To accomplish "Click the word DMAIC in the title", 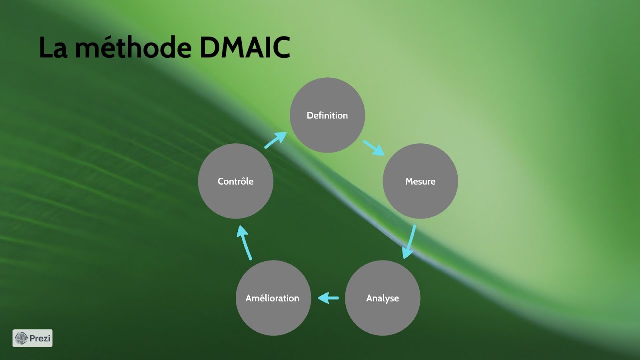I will [245, 48].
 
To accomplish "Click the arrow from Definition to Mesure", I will [373, 148].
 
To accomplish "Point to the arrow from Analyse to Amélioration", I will [328, 298].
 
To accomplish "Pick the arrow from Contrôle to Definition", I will [275, 140].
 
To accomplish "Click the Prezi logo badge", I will [32, 338].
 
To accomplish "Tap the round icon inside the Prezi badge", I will [21, 338].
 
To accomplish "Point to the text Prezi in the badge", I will [39, 338].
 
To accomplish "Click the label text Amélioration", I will [273, 298].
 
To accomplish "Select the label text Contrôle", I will [236, 181].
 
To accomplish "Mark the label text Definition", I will [327, 115].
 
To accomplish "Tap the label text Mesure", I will [420, 181].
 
